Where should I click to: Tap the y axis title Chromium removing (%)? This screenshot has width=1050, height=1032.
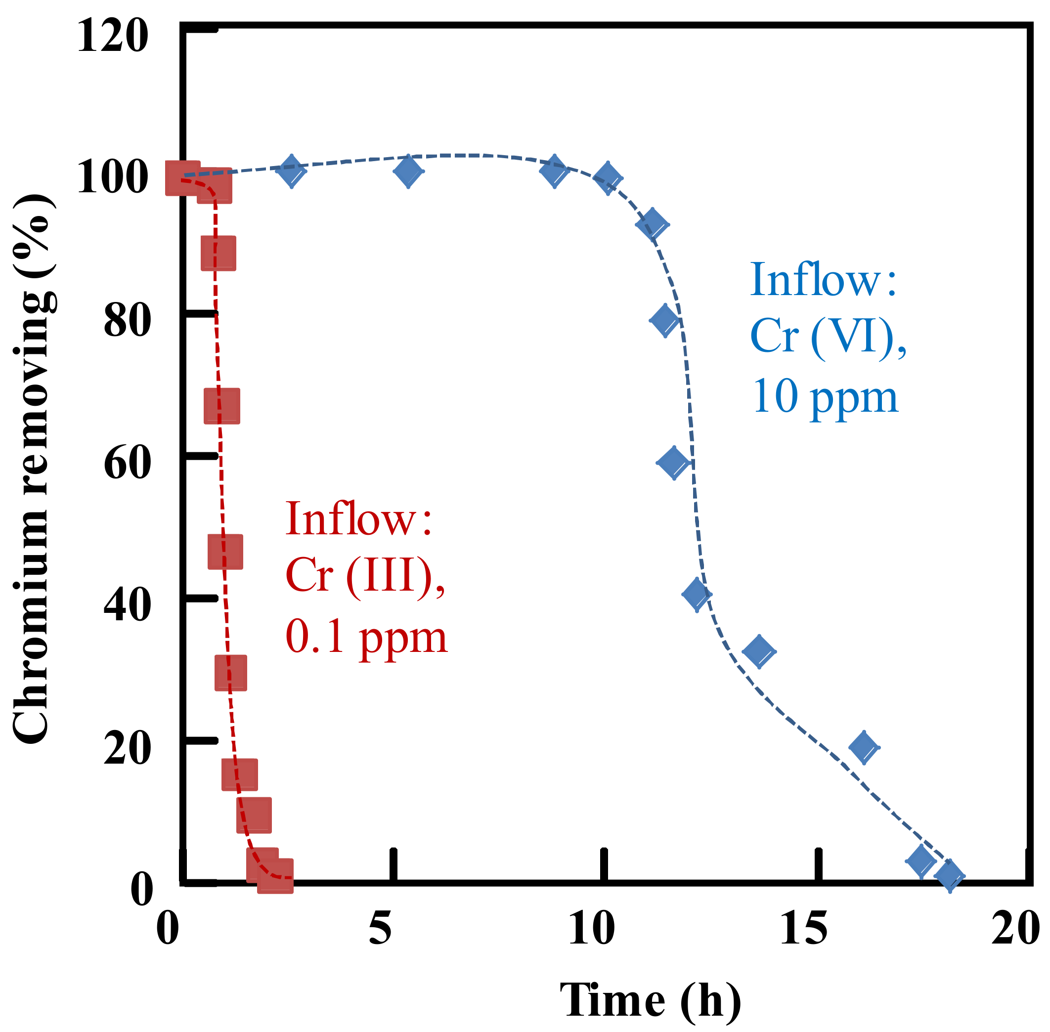(x=34, y=469)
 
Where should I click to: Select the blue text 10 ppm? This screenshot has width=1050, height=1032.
(x=825, y=397)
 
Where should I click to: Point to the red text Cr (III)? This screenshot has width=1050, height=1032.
(x=365, y=576)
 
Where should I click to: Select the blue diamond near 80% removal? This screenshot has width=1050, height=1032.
(x=664, y=320)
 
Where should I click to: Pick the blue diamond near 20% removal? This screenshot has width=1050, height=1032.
(x=864, y=747)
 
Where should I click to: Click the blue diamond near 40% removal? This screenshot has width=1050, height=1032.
(x=697, y=595)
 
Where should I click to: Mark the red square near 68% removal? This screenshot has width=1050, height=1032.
(x=221, y=405)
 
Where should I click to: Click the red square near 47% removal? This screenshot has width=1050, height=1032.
(x=225, y=551)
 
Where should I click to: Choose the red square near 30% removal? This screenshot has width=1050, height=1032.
(x=230, y=673)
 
